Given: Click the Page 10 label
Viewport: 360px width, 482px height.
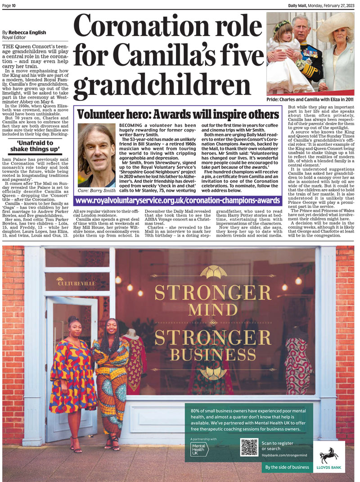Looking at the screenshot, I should [9, 5].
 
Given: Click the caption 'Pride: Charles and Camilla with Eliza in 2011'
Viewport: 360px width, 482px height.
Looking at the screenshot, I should [310, 99].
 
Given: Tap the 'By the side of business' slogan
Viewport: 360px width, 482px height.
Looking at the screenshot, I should [287, 467].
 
